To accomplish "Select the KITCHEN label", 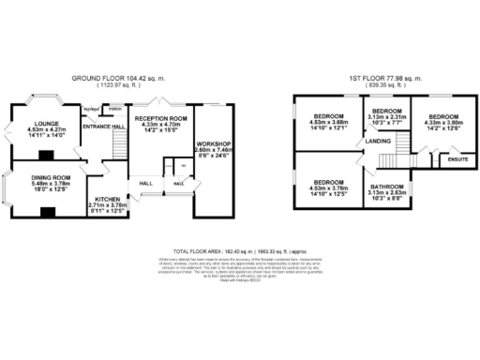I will [x=107, y=199].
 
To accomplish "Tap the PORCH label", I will [x=114, y=108].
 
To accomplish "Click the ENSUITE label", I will [x=458, y=159].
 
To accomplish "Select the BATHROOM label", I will [x=385, y=187].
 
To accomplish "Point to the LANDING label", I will [x=378, y=141].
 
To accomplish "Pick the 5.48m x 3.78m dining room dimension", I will [x=50, y=185].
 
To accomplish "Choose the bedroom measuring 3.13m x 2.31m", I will [x=386, y=115].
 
